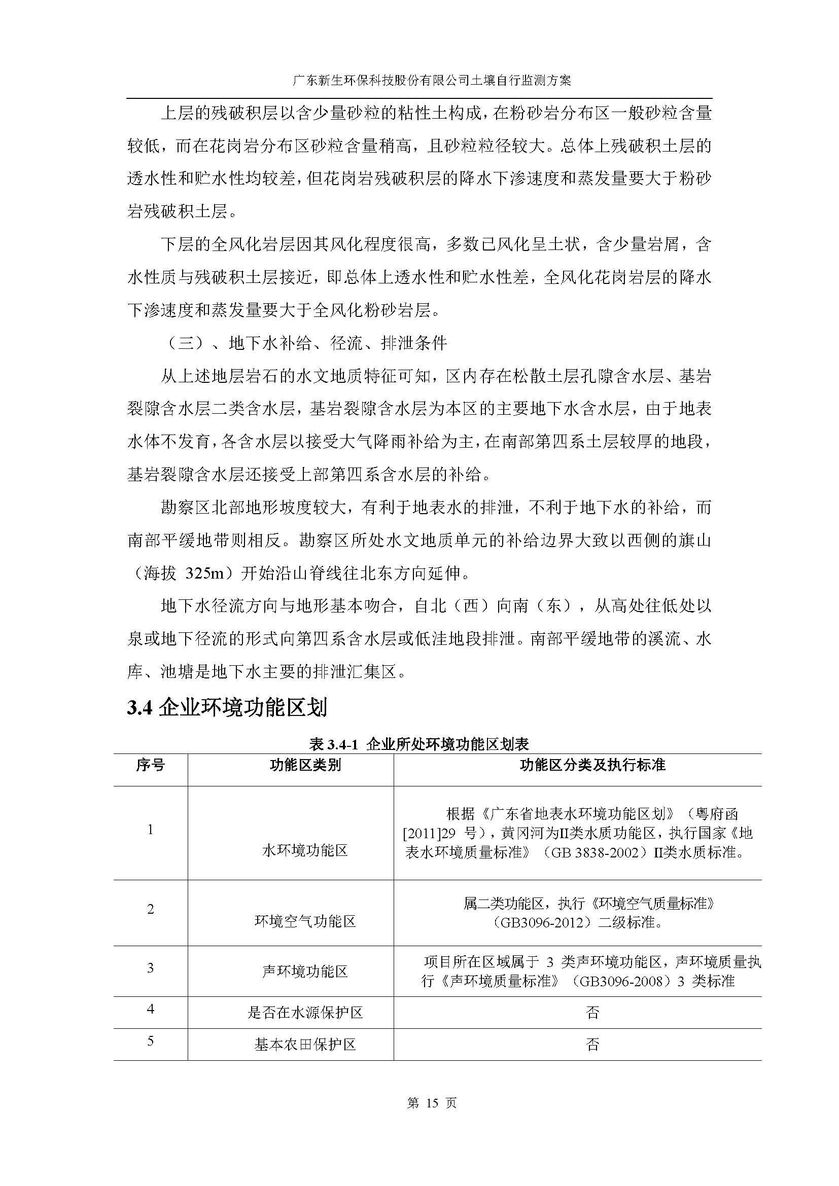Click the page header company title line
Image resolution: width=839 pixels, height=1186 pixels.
coord(419,81)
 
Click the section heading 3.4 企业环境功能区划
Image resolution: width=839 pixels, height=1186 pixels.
coord(227,707)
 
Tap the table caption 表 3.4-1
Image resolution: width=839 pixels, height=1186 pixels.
coord(419,744)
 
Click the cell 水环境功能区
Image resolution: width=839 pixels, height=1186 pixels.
coord(305,850)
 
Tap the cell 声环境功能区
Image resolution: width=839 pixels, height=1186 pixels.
coord(305,972)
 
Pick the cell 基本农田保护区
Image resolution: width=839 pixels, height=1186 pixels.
coord(305,1045)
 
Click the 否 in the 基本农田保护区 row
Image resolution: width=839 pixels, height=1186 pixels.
coord(592,1045)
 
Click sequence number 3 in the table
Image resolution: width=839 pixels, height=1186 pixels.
coord(150,967)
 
